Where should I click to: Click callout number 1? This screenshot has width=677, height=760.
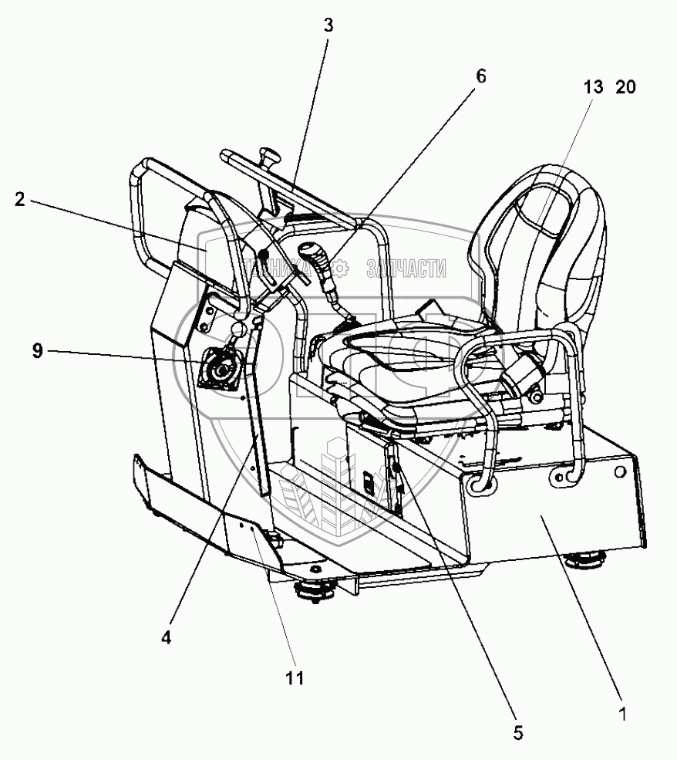621,714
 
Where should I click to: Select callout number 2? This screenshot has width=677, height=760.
20,200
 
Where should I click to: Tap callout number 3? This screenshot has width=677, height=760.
328,25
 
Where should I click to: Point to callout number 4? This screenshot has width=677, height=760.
167,637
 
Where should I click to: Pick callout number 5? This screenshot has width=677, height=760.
517,733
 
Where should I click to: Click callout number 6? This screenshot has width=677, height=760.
480,76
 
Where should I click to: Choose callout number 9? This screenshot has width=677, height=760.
38,351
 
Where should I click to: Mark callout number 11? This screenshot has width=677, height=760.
295,678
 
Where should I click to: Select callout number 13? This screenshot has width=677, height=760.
593,88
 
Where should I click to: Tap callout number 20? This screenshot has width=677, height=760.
625,88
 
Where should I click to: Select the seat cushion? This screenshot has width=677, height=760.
386,363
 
